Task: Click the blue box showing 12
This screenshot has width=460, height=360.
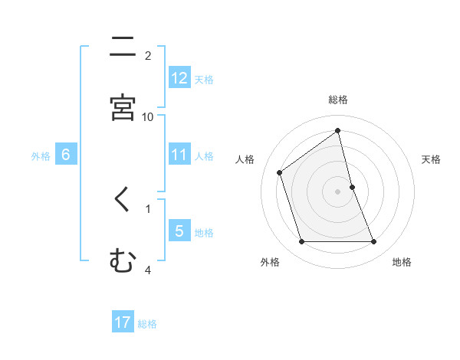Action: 179,78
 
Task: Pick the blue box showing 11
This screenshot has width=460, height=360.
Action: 179,155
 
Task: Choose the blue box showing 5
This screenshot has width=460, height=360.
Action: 179,231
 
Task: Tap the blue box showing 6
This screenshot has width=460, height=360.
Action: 66,155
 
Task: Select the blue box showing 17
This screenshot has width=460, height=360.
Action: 123,322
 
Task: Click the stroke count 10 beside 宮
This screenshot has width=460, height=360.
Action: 148,116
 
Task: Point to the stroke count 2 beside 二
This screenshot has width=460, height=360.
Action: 148,55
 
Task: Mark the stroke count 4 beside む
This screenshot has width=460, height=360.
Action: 148,270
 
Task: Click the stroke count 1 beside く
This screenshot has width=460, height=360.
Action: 148,208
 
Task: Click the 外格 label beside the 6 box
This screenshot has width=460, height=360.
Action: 41,156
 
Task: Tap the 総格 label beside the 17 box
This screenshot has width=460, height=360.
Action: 147,324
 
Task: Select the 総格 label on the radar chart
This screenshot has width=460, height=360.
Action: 338,100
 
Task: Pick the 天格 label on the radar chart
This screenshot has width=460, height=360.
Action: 432,159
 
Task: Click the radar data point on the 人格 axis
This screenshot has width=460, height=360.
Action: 280,172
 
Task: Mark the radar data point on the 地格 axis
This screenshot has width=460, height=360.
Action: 374,242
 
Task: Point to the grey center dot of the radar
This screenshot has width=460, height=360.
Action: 338,191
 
